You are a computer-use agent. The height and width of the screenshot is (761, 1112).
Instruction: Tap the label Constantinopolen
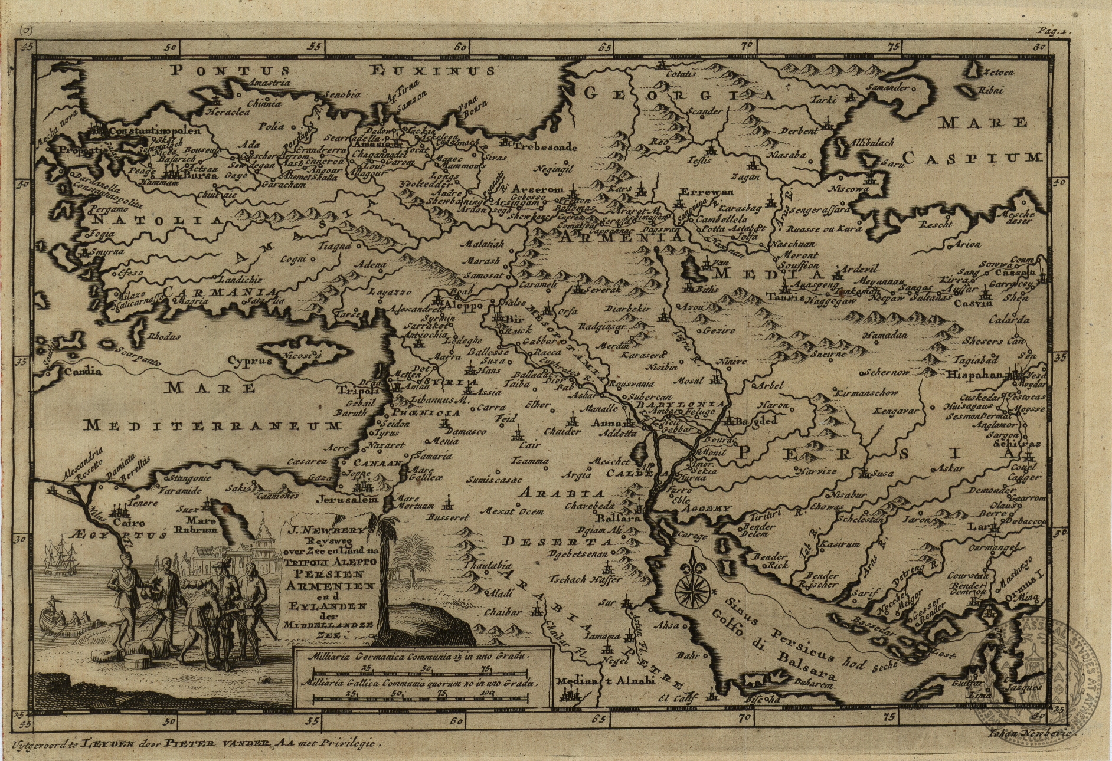pos(155,130)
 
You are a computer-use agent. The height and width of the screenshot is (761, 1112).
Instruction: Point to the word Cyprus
pos(250,360)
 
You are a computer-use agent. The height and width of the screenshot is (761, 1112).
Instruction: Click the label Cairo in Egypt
pos(129,523)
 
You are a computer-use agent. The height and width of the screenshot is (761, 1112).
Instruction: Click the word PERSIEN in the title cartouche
pos(331,573)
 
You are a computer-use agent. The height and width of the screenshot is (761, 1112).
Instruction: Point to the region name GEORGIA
pos(679,94)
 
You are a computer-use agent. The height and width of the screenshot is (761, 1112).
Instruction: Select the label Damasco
pos(466,431)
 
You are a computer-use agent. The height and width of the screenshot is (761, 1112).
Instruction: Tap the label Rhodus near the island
pos(164,336)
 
